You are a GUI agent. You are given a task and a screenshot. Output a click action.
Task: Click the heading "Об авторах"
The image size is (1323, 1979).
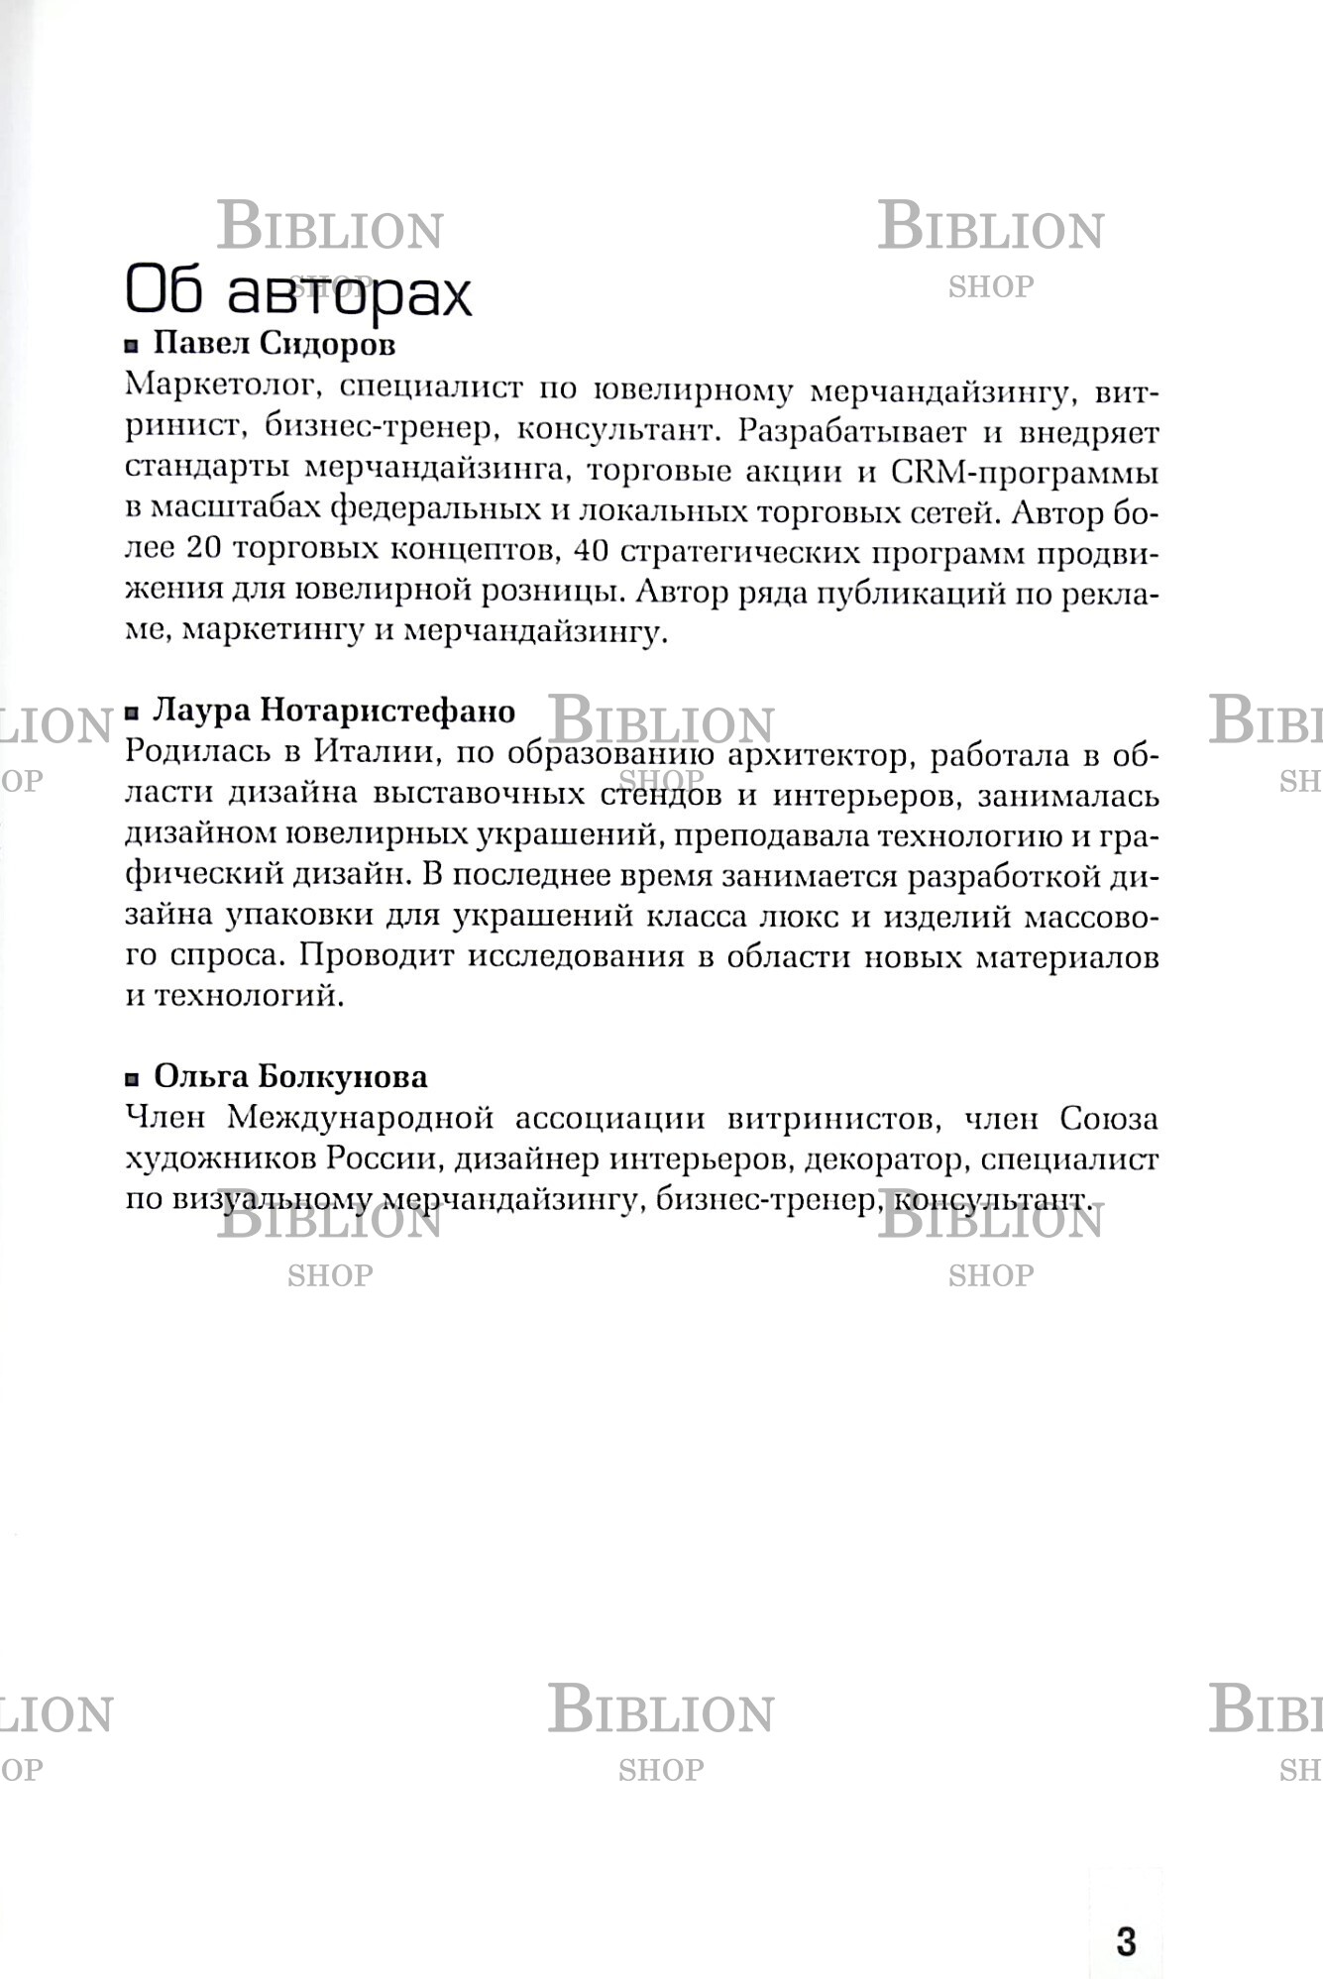point(298,293)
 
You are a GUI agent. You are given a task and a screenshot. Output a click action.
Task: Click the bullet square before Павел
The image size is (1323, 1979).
point(132,346)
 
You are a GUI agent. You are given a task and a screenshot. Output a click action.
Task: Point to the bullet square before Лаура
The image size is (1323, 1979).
point(132,713)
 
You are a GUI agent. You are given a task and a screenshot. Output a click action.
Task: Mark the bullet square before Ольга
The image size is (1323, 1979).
point(132,1078)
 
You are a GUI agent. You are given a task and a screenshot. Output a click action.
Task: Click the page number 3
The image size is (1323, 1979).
point(1126,1940)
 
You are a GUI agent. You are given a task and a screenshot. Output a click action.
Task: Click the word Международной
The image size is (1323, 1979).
point(361,1118)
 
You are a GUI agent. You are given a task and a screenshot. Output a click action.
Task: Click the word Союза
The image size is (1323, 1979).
point(1108,1118)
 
